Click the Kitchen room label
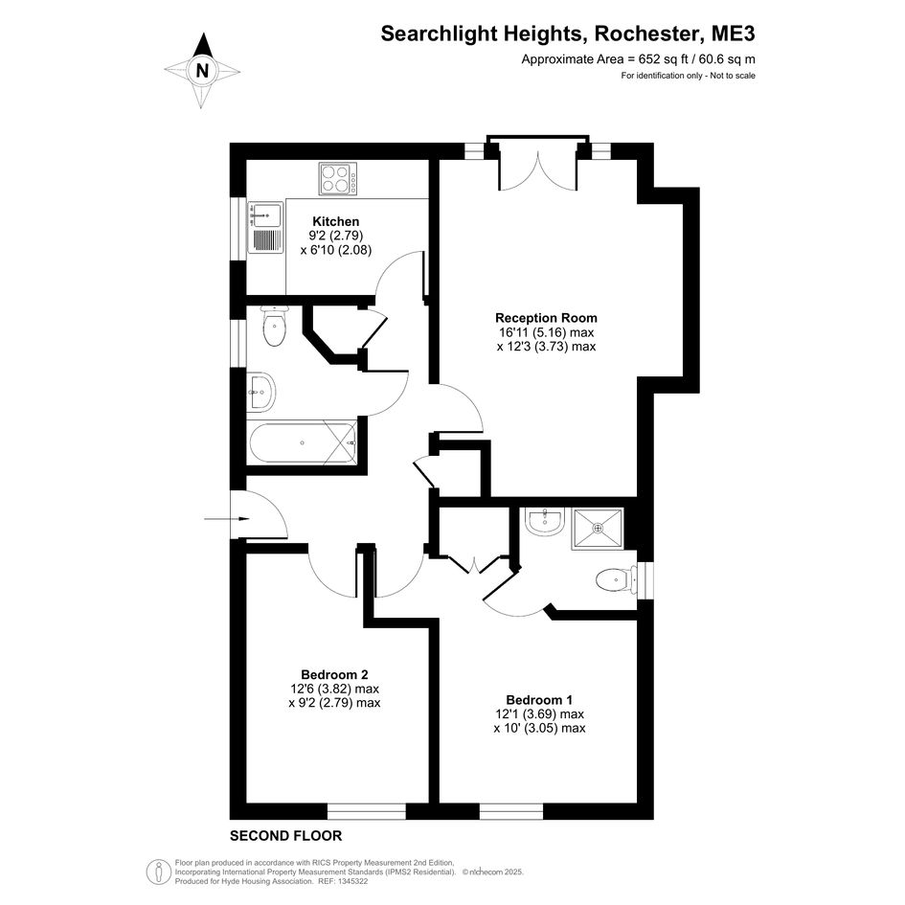coord(336,221)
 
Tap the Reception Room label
coord(546,318)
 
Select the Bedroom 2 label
coord(335,675)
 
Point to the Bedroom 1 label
coord(539,700)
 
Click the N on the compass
coord(202,71)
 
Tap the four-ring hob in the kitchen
coord(338,178)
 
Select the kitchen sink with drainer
coord(265,227)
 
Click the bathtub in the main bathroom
coord(303,442)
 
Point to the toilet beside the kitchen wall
coord(274,327)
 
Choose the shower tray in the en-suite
coord(598,528)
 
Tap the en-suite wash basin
coord(544,521)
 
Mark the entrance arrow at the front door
coord(227,519)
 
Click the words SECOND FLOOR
coord(285,836)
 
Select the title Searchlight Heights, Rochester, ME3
coord(567,34)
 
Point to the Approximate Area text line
coord(639,58)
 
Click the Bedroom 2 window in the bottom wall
coord(367,811)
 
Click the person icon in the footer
coord(158,871)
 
